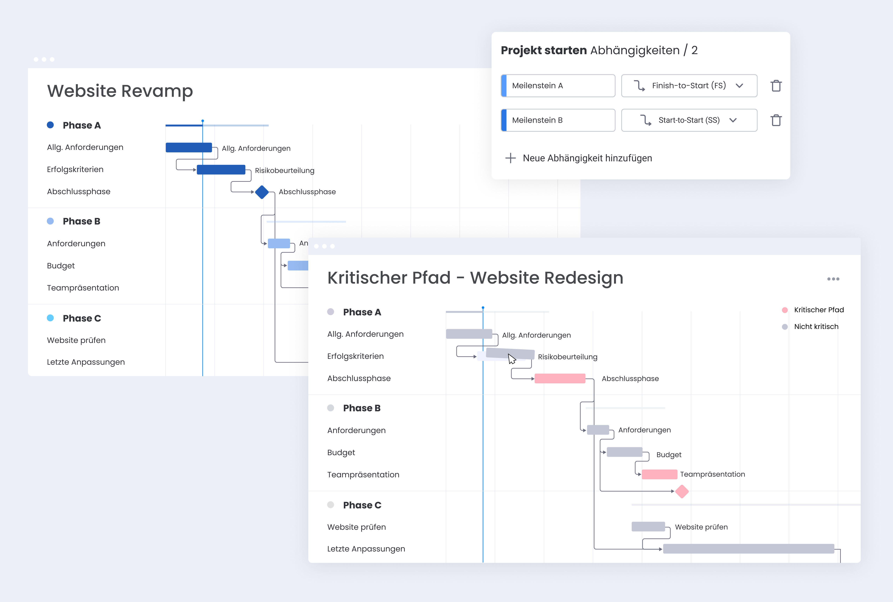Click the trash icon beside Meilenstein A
tap(776, 86)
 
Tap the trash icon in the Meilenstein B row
tap(776, 120)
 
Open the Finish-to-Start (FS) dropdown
tap(689, 86)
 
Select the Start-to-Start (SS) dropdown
tap(689, 120)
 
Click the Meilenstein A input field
tap(558, 86)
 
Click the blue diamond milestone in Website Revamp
tap(262, 192)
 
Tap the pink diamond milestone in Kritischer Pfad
tap(682, 492)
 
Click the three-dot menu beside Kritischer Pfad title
tap(833, 279)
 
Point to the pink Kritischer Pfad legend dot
tap(785, 310)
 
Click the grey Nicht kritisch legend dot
tap(785, 327)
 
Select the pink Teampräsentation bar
tap(659, 475)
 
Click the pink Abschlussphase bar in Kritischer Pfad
tap(560, 378)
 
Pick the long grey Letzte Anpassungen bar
tap(748, 549)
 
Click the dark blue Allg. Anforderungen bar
tap(189, 147)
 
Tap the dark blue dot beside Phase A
tap(50, 125)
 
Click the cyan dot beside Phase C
tap(50, 318)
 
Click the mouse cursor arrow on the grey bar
tap(512, 359)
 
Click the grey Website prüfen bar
tap(648, 527)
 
